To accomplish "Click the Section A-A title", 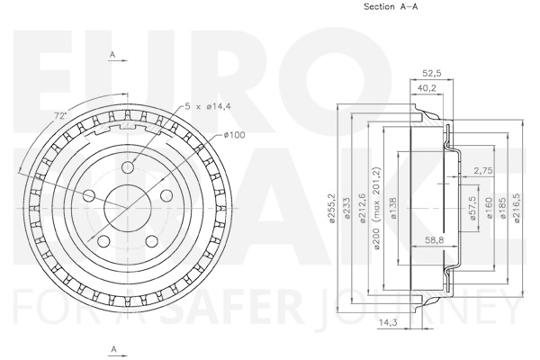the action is (x=391, y=6).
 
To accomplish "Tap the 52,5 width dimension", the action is (x=432, y=73).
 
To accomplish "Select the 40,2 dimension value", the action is (x=427, y=88).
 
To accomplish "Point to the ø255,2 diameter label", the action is (x=332, y=209).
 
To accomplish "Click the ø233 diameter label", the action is (x=346, y=208).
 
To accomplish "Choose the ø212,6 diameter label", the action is (x=362, y=208).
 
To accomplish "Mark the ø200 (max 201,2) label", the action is (x=376, y=208).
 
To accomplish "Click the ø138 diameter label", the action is (x=393, y=208).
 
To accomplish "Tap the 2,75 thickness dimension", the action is (x=482, y=170).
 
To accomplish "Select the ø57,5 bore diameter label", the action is (x=472, y=208).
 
